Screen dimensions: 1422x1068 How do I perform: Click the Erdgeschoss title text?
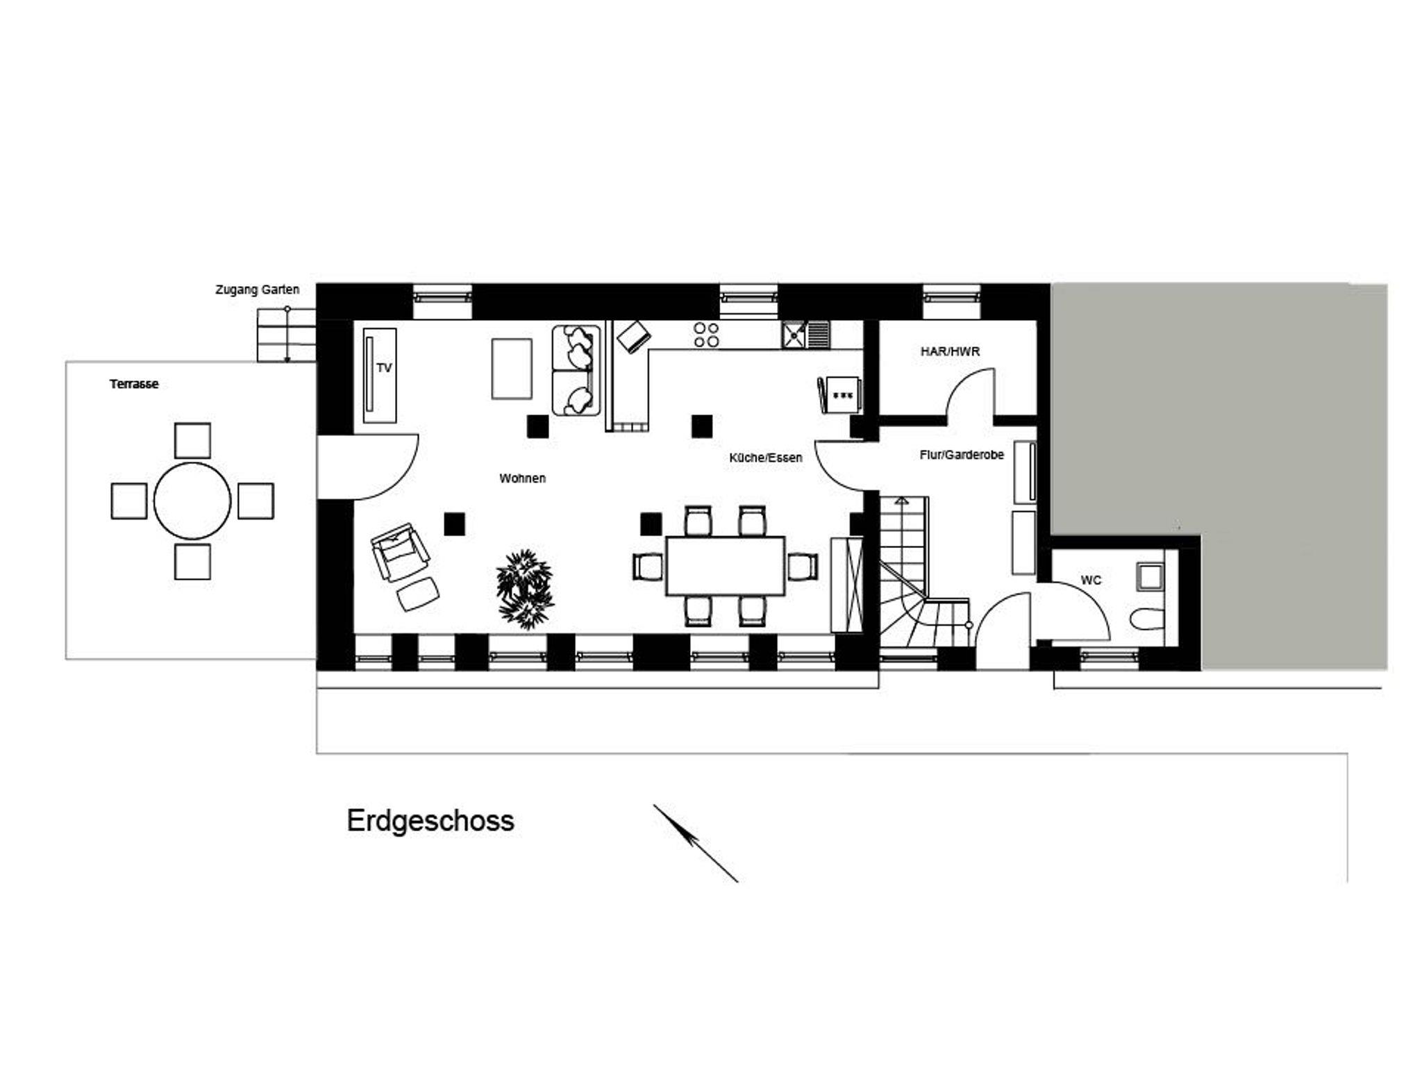430,821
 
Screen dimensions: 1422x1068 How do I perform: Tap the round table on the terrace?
192,501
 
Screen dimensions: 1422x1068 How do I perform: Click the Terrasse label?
134,384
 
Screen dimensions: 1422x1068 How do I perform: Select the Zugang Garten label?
258,290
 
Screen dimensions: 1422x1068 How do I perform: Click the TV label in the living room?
384,368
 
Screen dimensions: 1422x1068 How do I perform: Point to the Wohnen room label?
522,478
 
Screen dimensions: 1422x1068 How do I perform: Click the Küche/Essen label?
766,458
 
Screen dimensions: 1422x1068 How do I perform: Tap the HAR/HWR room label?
950,352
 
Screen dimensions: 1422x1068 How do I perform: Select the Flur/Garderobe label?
962,456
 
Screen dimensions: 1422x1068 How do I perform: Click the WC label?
1091,581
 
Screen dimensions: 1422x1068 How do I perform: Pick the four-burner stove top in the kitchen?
707,334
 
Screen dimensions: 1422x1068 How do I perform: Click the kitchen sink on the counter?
805,335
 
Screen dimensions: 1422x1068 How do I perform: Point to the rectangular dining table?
725,566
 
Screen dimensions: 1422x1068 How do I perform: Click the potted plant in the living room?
525,590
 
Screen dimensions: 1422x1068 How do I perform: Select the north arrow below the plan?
695,844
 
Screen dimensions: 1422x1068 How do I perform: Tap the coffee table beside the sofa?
512,369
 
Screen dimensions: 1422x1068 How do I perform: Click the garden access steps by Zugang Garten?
286,335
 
